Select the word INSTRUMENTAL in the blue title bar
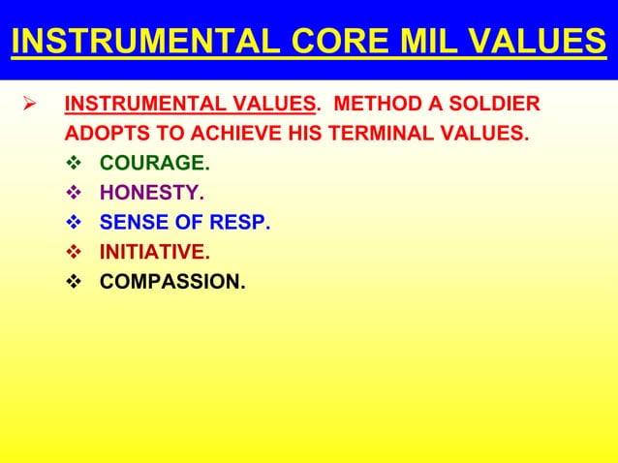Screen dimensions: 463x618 point(135,42)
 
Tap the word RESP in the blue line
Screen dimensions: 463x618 point(243,224)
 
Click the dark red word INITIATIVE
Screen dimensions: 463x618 point(153,253)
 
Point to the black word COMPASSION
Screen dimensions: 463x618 point(171,283)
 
